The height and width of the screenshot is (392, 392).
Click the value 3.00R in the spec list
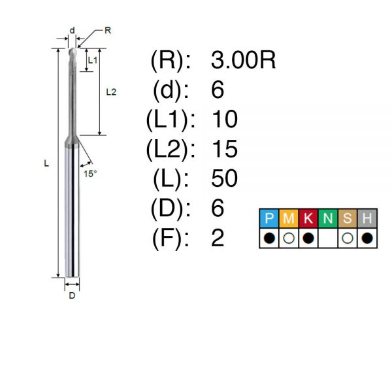(x=243, y=60)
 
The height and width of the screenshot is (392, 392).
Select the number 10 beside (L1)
(x=225, y=120)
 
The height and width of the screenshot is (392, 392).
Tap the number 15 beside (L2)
(x=225, y=149)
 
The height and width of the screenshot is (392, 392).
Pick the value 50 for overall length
(x=224, y=178)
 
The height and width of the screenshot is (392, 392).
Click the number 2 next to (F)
(x=218, y=238)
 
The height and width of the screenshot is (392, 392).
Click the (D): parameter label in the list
(x=171, y=209)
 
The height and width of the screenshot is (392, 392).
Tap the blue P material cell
(x=269, y=218)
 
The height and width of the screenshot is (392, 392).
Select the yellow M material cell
(x=289, y=218)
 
